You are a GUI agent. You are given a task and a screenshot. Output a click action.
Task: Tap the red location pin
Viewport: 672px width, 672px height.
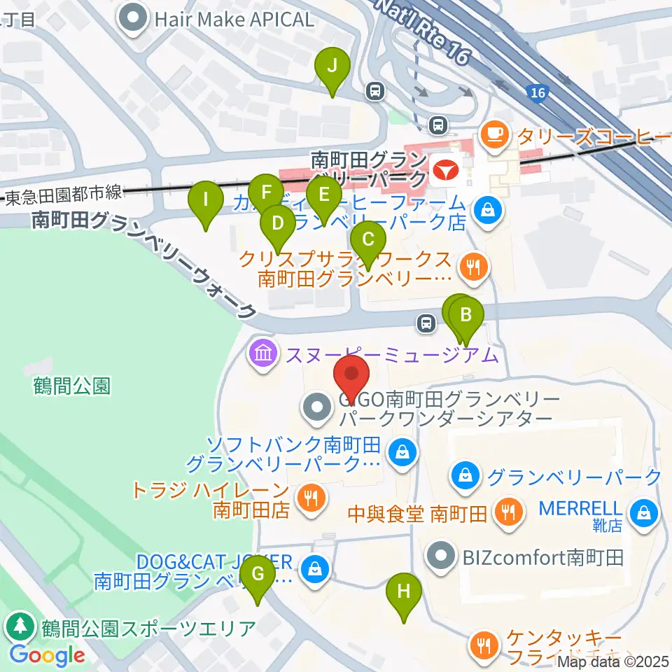coord(353,378)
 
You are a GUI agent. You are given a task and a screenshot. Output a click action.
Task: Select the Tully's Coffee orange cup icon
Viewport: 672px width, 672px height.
coord(495,132)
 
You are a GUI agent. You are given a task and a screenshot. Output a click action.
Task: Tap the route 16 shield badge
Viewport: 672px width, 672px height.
coord(537,92)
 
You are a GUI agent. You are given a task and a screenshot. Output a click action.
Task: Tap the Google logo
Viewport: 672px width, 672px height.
coord(47,655)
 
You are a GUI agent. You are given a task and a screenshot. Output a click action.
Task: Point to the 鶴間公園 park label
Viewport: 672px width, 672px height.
coord(73,385)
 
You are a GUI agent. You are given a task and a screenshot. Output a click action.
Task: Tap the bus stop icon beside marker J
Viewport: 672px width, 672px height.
coord(376,90)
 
